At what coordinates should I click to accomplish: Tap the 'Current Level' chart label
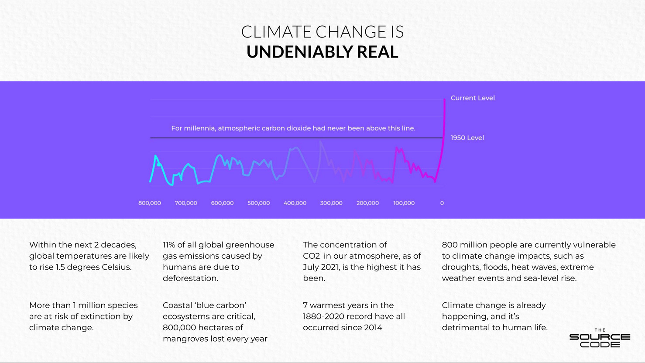pos(473,98)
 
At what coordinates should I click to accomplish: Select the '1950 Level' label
pos(467,138)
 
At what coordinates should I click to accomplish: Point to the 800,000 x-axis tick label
pos(150,203)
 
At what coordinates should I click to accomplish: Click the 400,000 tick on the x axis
pos(295,203)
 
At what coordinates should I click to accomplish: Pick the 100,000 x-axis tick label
pos(404,203)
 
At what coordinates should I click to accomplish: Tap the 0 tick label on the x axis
pos(442,203)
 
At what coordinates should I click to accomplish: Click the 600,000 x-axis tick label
pos(222,203)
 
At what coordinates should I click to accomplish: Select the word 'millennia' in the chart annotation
pos(200,128)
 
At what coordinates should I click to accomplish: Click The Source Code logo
pos(600,339)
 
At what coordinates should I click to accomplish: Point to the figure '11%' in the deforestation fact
pos(169,245)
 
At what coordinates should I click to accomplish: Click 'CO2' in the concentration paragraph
pos(311,256)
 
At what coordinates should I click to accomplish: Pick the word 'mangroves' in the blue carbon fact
pos(184,339)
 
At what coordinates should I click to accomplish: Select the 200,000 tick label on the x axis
pos(367,203)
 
